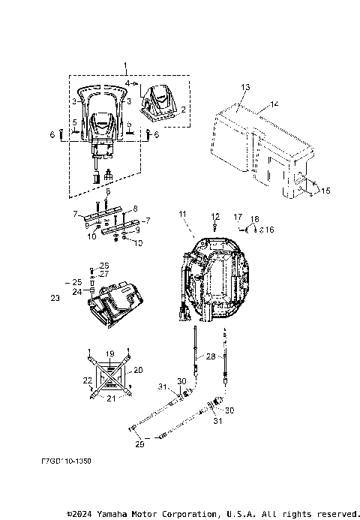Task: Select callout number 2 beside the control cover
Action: [182, 110]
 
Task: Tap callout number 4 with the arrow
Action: [127, 82]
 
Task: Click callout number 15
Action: [325, 191]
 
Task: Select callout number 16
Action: [269, 230]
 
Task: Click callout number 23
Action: [55, 298]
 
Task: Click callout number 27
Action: [104, 275]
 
